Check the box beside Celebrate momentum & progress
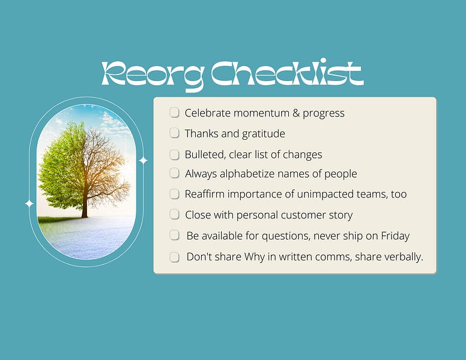(x=175, y=112)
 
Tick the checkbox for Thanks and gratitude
(x=175, y=133)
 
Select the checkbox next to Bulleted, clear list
(x=175, y=154)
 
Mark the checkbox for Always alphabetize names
(x=175, y=173)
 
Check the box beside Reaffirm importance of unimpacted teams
(x=175, y=194)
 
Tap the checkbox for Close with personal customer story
(x=175, y=214)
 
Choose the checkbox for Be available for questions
(x=175, y=235)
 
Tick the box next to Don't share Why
(x=175, y=257)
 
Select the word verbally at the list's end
(x=403, y=257)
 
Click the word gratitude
(x=262, y=133)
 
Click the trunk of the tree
(x=85, y=201)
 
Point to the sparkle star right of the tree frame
(x=143, y=160)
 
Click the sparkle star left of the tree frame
(x=29, y=203)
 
